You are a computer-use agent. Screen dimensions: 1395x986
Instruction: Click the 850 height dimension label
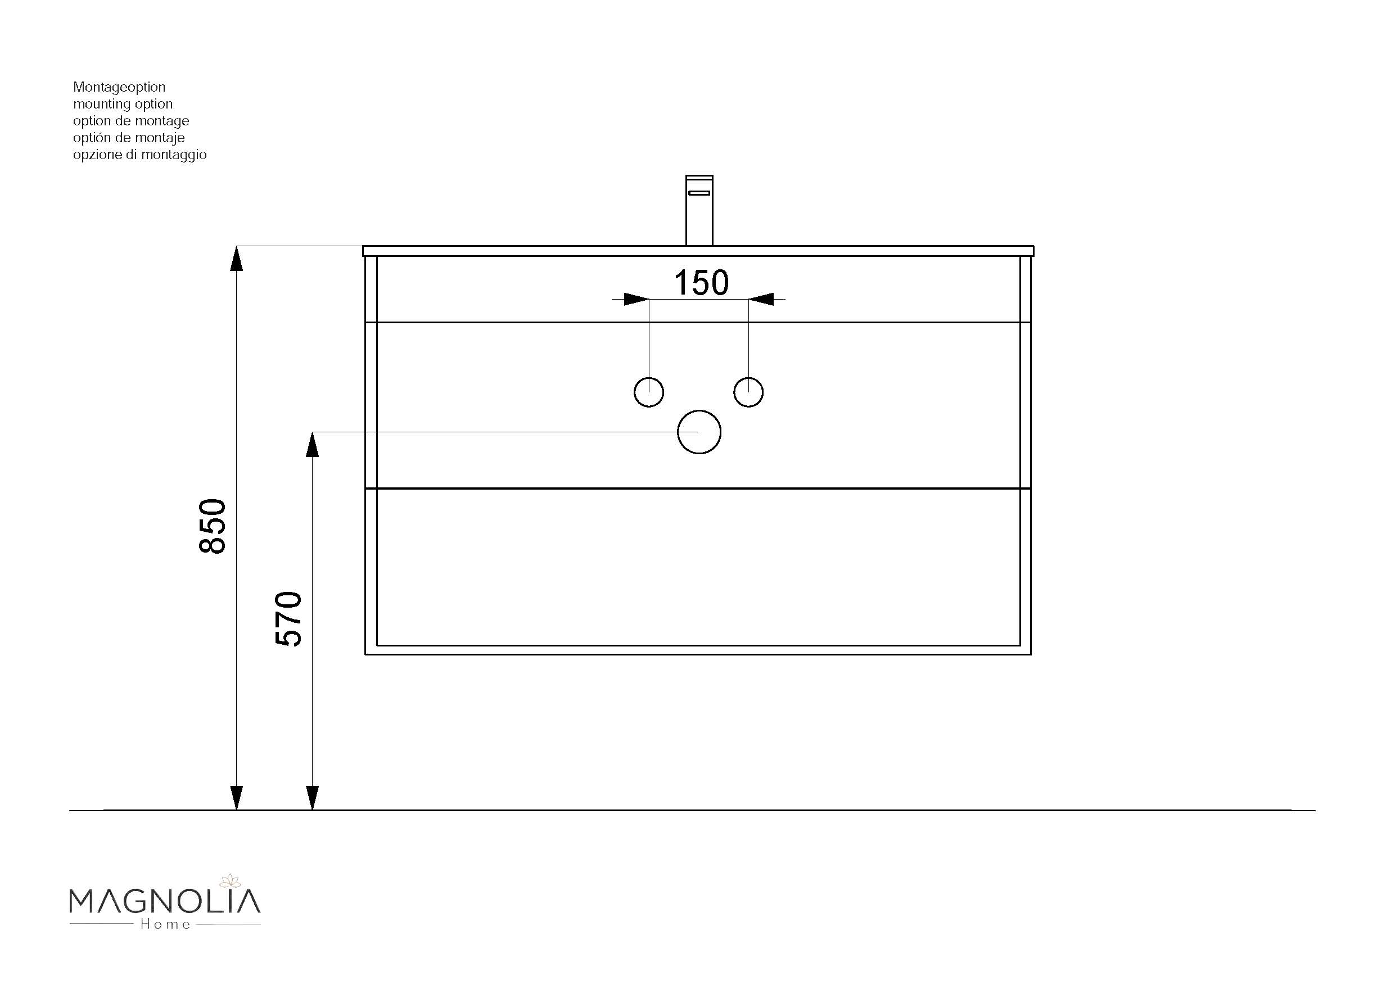click(x=213, y=526)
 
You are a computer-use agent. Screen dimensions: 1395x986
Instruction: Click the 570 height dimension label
click(x=288, y=618)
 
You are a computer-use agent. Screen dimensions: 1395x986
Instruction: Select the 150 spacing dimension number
click(x=701, y=283)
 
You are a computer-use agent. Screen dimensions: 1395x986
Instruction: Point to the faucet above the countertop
click(x=699, y=210)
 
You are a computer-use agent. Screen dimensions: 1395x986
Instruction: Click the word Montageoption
click(x=119, y=88)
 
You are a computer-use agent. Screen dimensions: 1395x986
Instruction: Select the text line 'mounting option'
click(x=123, y=105)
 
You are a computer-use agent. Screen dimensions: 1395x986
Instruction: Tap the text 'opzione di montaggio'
click(x=140, y=155)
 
